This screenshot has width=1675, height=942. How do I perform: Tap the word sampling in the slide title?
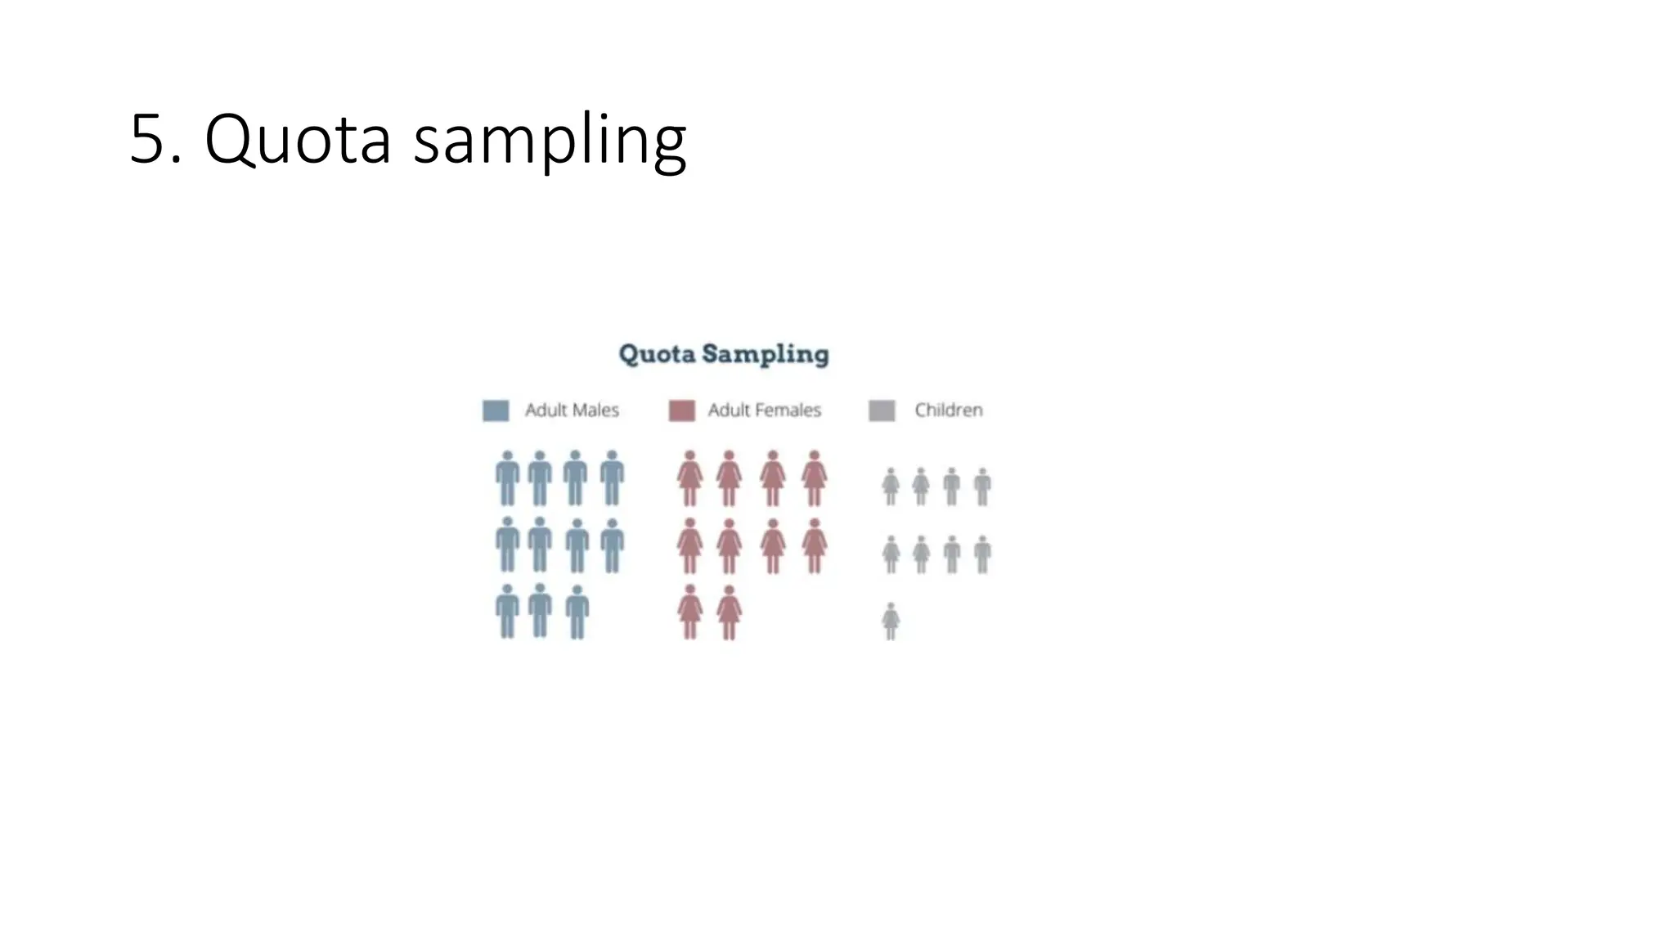(550, 141)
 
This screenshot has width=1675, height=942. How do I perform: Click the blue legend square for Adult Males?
(496, 410)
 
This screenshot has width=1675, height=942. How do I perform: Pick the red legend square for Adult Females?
(681, 410)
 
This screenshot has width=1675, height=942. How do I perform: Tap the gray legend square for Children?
(882, 410)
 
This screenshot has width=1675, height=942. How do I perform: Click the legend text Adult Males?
(572, 410)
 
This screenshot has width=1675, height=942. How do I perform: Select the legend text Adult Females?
(764, 410)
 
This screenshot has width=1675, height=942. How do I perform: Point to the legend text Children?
(949, 410)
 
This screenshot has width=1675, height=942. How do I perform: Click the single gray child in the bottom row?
(891, 621)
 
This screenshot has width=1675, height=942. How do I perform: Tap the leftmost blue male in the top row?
(507, 478)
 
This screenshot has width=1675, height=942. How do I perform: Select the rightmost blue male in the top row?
(613, 478)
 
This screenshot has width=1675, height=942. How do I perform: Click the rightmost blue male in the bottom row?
(577, 612)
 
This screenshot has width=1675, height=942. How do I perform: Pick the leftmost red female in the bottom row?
(689, 612)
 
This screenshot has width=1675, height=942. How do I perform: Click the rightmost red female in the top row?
(814, 478)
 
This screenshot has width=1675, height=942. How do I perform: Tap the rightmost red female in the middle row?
(814, 545)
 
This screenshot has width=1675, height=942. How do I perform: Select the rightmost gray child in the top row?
(983, 487)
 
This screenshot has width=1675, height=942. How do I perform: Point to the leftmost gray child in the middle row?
(891, 554)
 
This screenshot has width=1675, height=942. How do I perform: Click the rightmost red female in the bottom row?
(729, 612)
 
